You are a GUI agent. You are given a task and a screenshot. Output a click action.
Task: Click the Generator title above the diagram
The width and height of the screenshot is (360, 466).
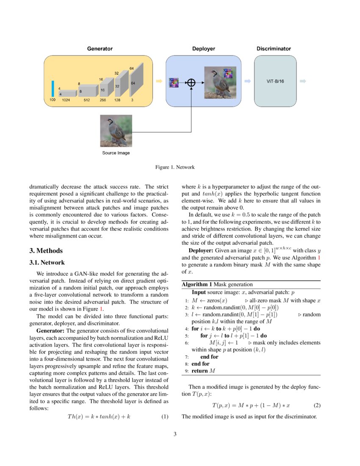100,49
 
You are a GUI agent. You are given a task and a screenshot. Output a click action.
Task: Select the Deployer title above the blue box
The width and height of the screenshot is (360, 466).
203,49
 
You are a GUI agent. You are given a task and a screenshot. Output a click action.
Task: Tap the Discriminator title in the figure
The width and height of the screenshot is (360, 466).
274,49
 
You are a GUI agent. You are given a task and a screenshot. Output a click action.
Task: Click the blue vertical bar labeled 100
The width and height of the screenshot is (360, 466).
53,88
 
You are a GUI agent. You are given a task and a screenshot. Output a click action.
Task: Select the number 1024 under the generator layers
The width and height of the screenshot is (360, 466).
66,100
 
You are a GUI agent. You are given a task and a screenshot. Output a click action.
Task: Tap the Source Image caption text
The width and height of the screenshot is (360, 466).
116,153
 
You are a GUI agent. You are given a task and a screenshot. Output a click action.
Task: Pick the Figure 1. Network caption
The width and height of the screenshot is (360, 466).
175,167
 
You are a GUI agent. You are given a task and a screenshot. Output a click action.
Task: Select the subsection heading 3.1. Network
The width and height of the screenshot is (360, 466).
47,263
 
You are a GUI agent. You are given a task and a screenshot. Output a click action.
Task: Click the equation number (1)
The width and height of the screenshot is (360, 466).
165,417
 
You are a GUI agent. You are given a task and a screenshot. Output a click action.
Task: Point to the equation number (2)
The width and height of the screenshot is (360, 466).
317,405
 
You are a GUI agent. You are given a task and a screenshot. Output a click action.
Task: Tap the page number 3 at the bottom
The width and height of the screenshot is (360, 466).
175,434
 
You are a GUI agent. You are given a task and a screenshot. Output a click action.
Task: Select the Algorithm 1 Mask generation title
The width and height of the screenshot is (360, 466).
217,285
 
